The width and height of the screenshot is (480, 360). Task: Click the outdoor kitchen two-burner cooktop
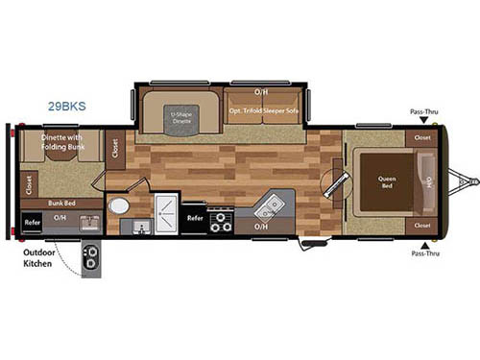(92, 257)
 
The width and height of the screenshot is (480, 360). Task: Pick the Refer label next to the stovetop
(195, 218)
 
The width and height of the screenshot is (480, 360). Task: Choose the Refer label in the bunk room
(31, 220)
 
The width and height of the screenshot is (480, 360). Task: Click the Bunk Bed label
(63, 204)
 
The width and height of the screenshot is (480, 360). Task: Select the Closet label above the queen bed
(422, 137)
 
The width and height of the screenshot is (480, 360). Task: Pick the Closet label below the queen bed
(422, 225)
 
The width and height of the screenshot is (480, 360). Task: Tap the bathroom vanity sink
(140, 228)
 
